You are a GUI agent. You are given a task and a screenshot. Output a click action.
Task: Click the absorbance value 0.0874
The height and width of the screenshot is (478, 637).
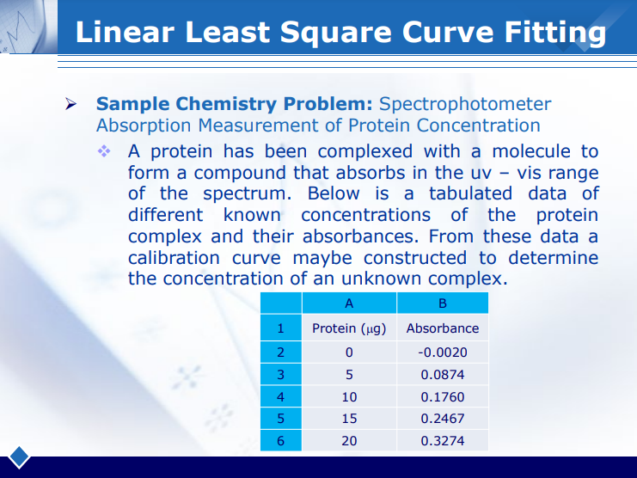tap(442, 375)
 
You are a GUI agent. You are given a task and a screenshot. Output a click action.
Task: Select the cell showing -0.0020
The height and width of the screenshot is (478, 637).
tap(442, 352)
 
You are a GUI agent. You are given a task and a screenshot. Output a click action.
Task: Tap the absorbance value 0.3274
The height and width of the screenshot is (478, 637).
tap(442, 441)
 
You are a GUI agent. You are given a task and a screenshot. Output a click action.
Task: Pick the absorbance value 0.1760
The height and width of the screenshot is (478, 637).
tap(442, 397)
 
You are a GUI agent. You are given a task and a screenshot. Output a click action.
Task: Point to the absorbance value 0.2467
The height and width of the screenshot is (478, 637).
tap(442, 419)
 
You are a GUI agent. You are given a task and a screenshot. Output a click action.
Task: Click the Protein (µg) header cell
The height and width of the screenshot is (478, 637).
tap(348, 328)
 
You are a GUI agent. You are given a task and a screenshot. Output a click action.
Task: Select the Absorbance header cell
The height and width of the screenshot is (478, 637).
tap(442, 328)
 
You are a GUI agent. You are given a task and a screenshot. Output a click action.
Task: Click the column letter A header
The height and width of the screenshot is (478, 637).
tap(348, 303)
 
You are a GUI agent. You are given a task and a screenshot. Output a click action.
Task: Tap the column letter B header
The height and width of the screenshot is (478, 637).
tap(442, 303)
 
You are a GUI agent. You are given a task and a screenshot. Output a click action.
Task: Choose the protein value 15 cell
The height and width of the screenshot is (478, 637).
tap(348, 419)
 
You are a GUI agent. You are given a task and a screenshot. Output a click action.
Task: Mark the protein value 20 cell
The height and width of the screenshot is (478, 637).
tap(348, 441)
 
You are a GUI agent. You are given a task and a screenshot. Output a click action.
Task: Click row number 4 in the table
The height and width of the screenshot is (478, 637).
tap(280, 397)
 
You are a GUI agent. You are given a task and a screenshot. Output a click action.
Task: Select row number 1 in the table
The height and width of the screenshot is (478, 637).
tap(280, 328)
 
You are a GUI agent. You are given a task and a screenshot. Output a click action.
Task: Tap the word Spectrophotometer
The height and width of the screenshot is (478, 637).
tap(465, 104)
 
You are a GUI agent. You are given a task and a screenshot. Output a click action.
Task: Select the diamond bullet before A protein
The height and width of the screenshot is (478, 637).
tap(105, 151)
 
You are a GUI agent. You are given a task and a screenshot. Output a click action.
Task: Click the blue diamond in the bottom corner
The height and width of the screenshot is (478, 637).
tap(19, 457)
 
